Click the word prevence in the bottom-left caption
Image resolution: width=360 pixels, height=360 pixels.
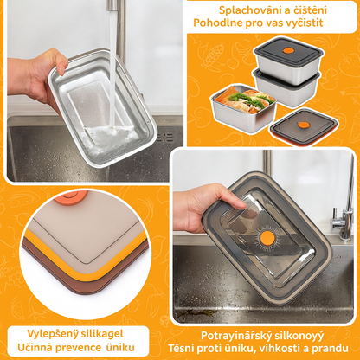pos(78,348)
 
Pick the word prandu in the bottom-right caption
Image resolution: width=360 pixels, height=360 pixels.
pos(330,348)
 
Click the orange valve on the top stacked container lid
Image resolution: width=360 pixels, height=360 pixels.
pos(288,51)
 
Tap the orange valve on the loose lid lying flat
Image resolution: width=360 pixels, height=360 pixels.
pos(304,125)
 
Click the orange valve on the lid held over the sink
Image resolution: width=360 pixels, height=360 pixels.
pos(267,238)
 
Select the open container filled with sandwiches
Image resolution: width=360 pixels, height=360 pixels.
pos(243,107)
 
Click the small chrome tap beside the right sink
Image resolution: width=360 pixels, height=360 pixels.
pos(343,219)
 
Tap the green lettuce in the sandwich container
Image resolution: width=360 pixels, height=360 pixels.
pos(249,98)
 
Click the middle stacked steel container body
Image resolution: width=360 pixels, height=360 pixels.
pos(287,88)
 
